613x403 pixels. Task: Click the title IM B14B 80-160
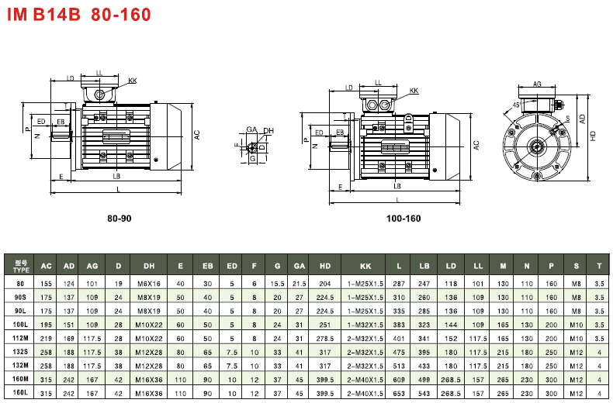(x=79, y=15)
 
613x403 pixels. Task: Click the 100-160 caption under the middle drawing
(x=403, y=219)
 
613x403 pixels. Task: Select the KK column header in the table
(x=365, y=266)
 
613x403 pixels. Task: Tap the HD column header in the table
(x=325, y=266)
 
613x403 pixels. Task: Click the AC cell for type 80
(x=46, y=284)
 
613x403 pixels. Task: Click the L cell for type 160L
(x=399, y=394)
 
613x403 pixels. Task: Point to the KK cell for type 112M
(x=365, y=339)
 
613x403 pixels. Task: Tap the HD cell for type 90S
(x=325, y=297)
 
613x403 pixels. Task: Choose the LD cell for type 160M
(x=451, y=380)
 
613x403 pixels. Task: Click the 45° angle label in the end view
(x=517, y=105)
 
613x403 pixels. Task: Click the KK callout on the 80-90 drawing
(x=132, y=81)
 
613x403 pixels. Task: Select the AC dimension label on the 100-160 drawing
(x=476, y=144)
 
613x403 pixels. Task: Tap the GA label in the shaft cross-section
(x=251, y=129)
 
